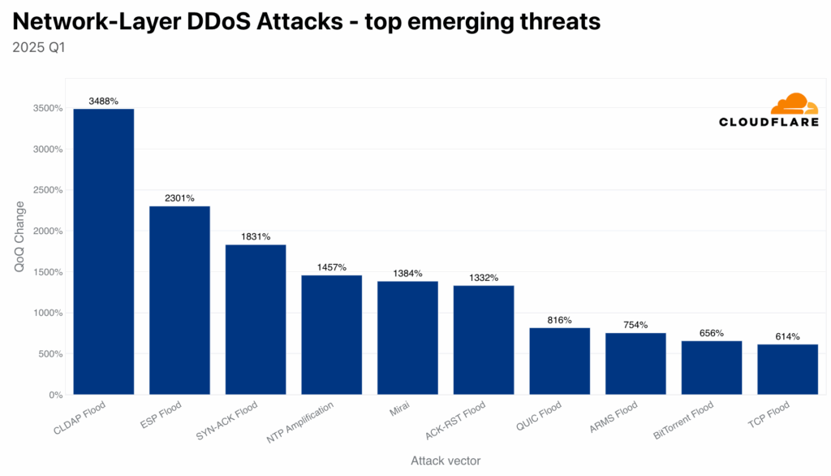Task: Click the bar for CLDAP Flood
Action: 104,252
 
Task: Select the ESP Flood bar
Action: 179,301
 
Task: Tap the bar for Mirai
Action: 407,338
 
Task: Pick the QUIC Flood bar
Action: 560,361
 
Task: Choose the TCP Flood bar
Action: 788,370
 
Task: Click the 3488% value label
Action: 104,102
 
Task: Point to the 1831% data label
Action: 256,237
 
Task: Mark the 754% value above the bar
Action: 635,326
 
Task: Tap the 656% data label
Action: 712,334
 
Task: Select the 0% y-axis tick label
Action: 55,395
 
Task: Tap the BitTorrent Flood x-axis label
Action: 684,421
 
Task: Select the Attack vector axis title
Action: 445,461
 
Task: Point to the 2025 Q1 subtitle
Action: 38,47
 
